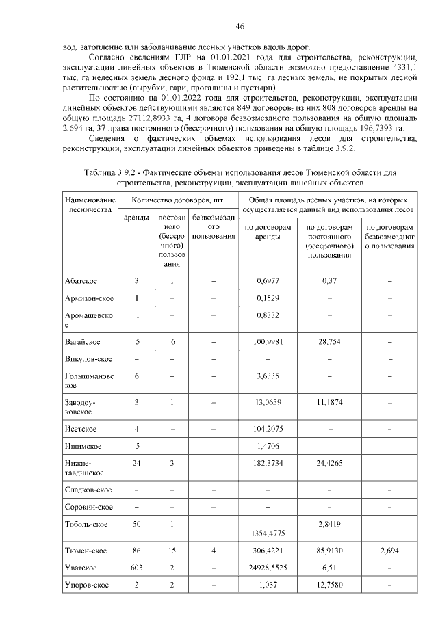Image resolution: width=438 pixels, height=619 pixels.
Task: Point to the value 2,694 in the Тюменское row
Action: tap(389, 550)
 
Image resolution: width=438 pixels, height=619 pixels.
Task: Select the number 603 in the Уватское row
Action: tap(137, 568)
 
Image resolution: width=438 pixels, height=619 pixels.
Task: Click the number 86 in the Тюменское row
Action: tap(137, 550)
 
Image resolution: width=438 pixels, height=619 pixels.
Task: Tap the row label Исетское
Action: tap(81, 428)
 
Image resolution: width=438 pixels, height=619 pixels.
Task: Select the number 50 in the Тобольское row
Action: tap(137, 523)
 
